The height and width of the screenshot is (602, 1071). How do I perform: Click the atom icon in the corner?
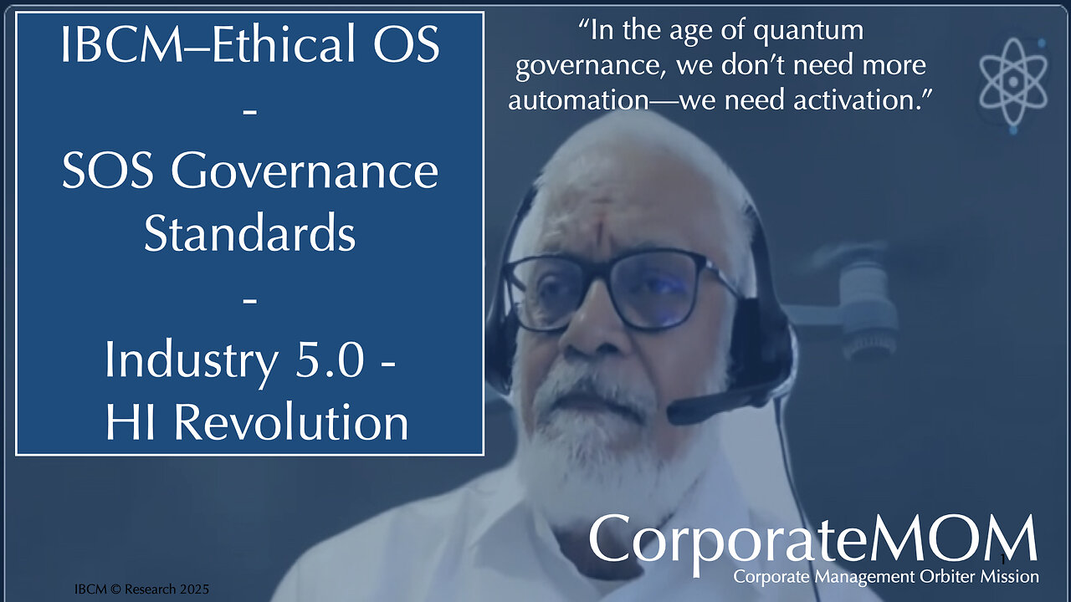point(1012,84)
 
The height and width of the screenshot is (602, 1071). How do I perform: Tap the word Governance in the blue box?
point(305,171)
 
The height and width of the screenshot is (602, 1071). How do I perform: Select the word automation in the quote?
point(578,99)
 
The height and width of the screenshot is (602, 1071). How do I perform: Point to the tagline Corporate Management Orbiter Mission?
point(886,577)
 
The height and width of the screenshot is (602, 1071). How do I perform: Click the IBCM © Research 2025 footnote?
point(141,589)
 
